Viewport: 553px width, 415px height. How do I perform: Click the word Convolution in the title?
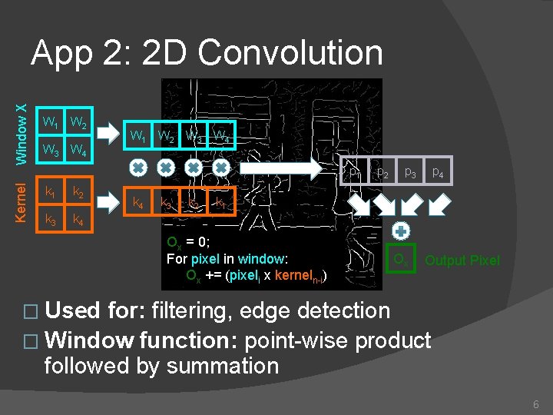click(290, 53)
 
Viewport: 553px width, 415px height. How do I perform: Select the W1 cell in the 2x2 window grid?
click(51, 122)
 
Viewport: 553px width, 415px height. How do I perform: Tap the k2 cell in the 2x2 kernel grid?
click(78, 191)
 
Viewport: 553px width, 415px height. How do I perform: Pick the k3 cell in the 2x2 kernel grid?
click(51, 221)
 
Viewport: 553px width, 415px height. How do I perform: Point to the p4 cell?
click(438, 172)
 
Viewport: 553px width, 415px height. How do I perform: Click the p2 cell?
click(382, 172)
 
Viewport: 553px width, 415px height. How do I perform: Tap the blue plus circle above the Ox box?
click(400, 230)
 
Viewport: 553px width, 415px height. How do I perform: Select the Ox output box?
click(400, 260)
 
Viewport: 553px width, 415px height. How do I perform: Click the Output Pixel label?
click(462, 261)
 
